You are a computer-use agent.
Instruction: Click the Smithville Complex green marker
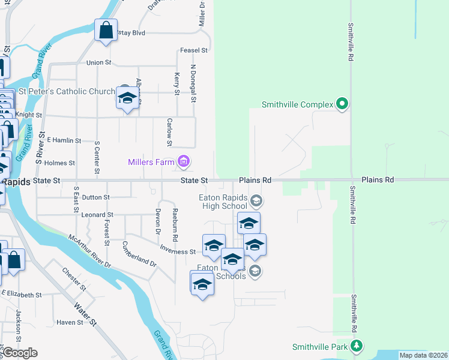[x=342, y=104]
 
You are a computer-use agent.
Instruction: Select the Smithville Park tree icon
[x=357, y=346]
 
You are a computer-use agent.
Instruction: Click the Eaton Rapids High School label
[x=223, y=202]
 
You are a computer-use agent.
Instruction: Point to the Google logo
[x=20, y=353]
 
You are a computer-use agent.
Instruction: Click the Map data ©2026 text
[x=423, y=355]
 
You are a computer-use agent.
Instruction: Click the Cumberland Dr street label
[x=139, y=255]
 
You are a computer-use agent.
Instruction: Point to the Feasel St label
[x=193, y=50]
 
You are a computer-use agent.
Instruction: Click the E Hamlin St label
[x=64, y=140]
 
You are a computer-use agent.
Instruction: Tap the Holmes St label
[x=59, y=163]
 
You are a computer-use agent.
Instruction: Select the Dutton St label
[x=95, y=197]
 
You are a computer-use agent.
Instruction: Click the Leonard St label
[x=98, y=215]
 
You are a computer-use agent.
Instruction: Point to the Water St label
[x=85, y=314]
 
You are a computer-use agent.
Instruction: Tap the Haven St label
[x=70, y=323]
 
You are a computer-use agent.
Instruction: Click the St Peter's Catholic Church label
[x=67, y=92]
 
